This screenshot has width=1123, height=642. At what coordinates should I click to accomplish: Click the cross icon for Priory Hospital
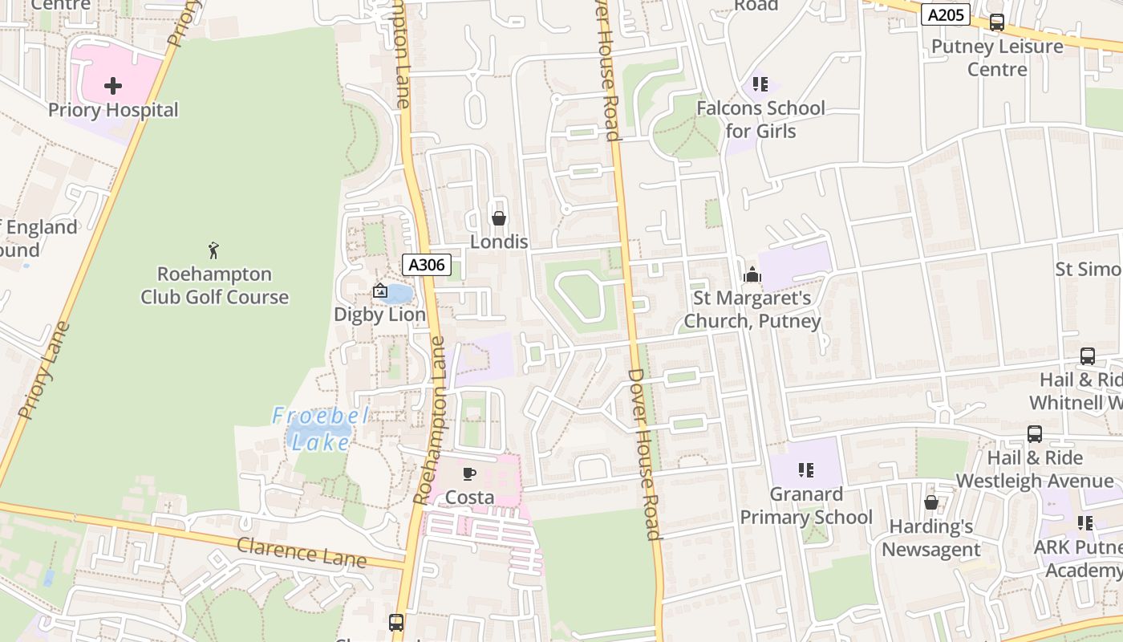coord(113,85)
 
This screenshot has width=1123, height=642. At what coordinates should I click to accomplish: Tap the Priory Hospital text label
coord(113,110)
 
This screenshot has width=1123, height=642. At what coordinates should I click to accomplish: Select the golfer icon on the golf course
coord(213,250)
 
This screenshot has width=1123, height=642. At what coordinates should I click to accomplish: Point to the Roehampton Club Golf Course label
coord(214,286)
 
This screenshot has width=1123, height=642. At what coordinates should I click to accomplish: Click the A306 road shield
coord(426,265)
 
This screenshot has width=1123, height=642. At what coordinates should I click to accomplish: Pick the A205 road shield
coord(946,14)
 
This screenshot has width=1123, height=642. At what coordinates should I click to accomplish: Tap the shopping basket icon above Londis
coord(499,218)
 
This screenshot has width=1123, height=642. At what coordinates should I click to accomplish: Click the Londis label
coord(499,242)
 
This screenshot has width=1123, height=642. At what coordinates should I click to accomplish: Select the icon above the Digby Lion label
coord(380,291)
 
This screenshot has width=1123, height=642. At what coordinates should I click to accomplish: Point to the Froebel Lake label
coord(319,429)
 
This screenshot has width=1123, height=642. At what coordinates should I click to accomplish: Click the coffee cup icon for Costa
coord(469,473)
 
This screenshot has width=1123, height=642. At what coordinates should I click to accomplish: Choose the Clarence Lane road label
coord(301,553)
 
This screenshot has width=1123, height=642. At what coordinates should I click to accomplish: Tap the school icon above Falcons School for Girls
coord(760,84)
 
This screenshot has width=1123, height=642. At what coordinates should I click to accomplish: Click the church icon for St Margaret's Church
coord(752,274)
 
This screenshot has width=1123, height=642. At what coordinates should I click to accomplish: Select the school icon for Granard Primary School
coord(806,470)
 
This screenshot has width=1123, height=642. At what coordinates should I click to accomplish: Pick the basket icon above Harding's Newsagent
coord(931,503)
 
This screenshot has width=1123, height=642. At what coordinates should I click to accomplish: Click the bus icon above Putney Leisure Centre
coord(997,22)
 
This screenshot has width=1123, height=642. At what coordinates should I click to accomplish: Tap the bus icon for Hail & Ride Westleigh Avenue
coord(1035,434)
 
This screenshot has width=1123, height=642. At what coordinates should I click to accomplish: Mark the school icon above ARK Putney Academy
coord(1085,523)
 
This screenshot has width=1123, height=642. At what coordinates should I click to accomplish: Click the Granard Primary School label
coord(806,506)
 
